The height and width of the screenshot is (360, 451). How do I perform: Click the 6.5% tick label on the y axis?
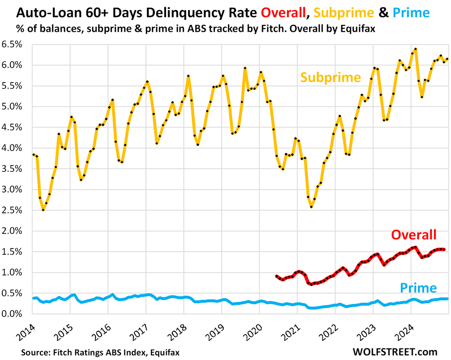pyautogui.click(x=15, y=44)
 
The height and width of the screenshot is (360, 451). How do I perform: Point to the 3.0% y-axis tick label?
pyautogui.click(x=15, y=189)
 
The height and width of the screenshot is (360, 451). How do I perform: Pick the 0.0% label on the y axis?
pyautogui.click(x=15, y=314)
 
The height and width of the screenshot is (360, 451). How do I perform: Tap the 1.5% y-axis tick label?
pyautogui.click(x=15, y=251)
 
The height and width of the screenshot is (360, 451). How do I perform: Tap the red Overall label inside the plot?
pyautogui.click(x=413, y=234)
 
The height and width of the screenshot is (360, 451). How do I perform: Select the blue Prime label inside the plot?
pyautogui.click(x=418, y=287)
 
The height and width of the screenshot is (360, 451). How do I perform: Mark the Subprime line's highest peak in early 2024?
pyautogui.click(x=416, y=49)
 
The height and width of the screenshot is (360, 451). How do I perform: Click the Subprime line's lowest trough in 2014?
pyautogui.click(x=43, y=209)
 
